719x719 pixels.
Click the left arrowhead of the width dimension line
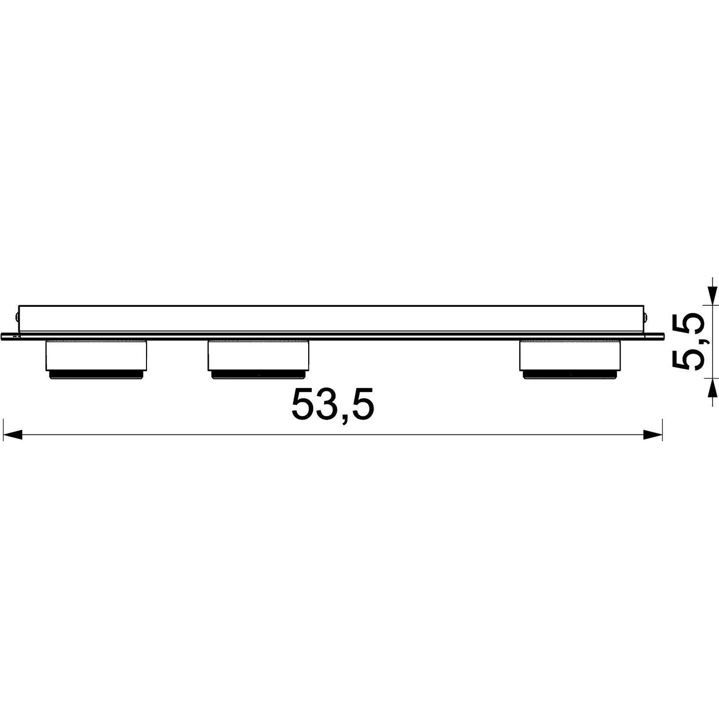coord(12,435)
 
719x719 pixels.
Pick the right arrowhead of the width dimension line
coord(653,435)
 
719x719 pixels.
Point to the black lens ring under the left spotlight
coord(96,375)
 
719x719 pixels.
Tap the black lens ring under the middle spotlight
coord(258,375)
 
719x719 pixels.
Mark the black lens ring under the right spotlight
coord(569,375)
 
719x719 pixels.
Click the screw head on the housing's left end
coord(17,315)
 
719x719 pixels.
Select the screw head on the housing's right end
coord(645,315)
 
